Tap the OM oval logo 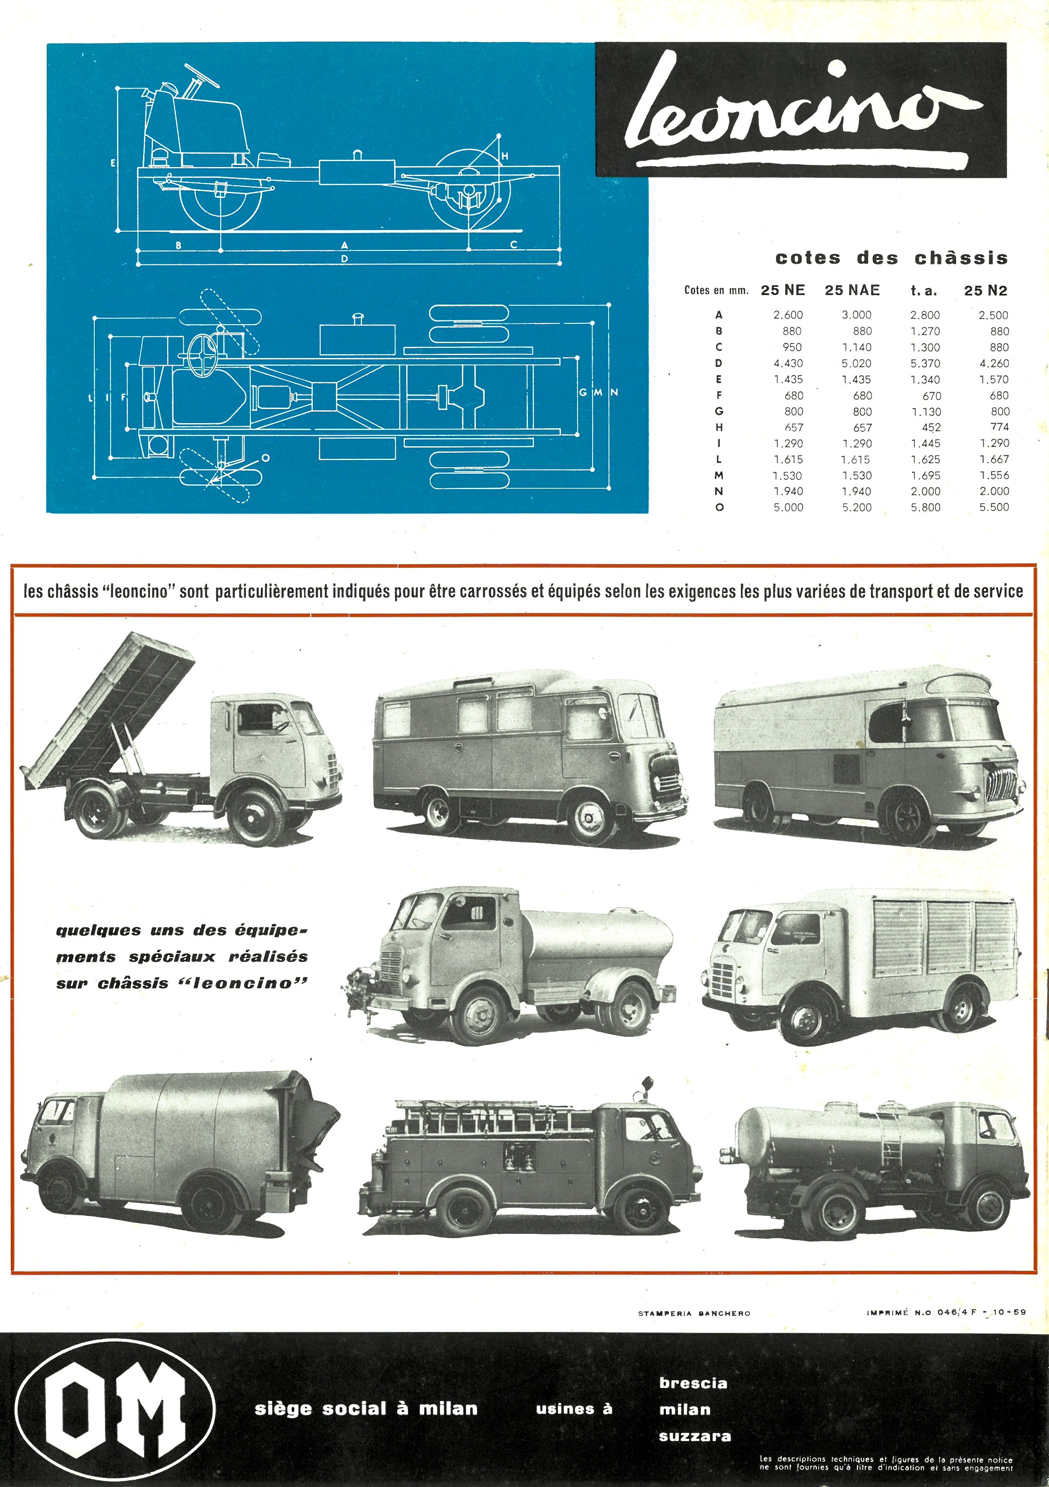click(115, 1409)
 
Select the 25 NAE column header click(852, 290)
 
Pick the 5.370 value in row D click(925, 363)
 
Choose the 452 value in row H click(931, 427)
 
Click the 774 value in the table click(1000, 427)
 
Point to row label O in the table click(719, 508)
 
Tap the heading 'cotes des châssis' click(892, 258)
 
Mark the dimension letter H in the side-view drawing click(505, 156)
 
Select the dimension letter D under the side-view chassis click(345, 258)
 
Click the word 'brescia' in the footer click(693, 1383)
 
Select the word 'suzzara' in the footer click(695, 1436)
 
